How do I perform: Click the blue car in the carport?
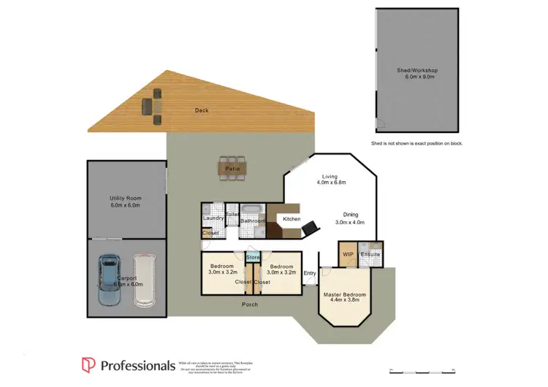(x=109, y=280)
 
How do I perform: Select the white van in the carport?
(x=144, y=280)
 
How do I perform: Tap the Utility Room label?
(x=126, y=198)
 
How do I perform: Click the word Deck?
(x=202, y=110)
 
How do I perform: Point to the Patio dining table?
(x=232, y=169)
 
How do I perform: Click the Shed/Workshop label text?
(x=417, y=70)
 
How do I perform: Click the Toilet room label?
(x=232, y=215)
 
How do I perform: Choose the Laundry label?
(x=213, y=218)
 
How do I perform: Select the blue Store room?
(x=253, y=257)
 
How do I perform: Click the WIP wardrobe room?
(x=348, y=254)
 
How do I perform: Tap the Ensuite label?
(x=370, y=255)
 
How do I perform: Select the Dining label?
(x=351, y=213)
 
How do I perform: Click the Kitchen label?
(x=292, y=218)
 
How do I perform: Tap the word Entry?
(x=310, y=273)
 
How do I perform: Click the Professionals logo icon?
(x=88, y=364)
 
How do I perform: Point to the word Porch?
(x=253, y=304)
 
